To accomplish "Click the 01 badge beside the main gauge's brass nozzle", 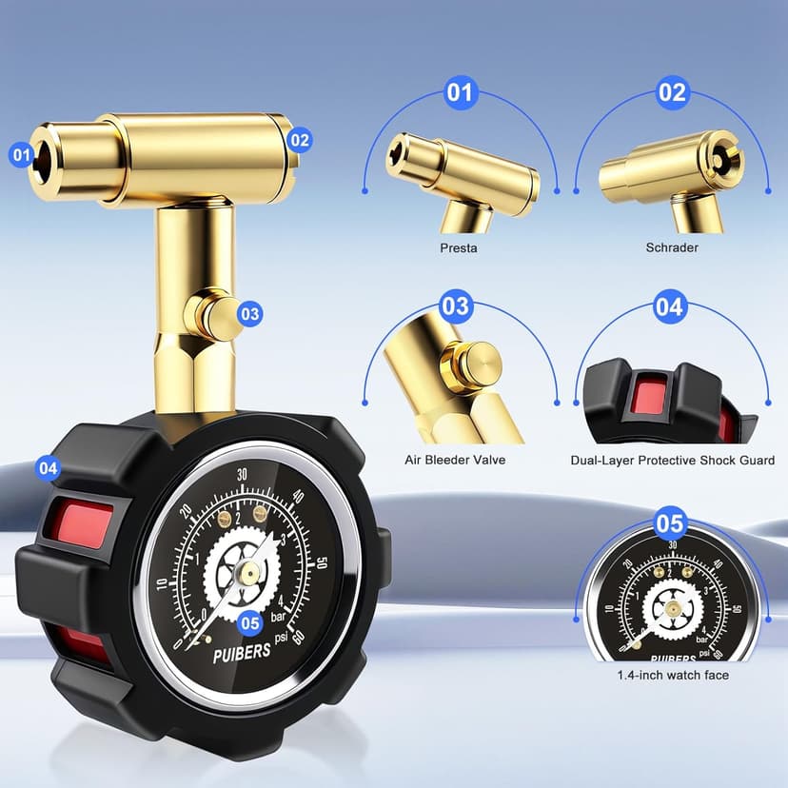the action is (x=22, y=154).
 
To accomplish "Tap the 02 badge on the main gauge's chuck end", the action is (x=300, y=140).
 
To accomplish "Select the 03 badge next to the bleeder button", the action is (x=249, y=314).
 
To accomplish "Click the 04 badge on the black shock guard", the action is (x=49, y=468).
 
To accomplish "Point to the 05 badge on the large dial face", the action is (x=249, y=623).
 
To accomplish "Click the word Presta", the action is (x=459, y=247).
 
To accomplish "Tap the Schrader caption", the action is (x=672, y=247).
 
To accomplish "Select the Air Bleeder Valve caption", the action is (x=455, y=460).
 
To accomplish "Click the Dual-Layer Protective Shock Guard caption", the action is (x=673, y=461).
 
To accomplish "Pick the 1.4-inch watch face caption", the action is (x=673, y=675).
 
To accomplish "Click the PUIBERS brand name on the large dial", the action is (x=242, y=652).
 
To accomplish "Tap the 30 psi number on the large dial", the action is (x=243, y=474).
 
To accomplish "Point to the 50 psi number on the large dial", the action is (x=322, y=562).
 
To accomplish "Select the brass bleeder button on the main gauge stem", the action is (x=219, y=318).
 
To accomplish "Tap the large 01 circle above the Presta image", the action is (x=461, y=92).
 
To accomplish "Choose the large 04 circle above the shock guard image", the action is (x=670, y=306).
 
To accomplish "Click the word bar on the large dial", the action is (x=277, y=617).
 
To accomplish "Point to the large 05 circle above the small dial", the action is (x=670, y=523).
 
